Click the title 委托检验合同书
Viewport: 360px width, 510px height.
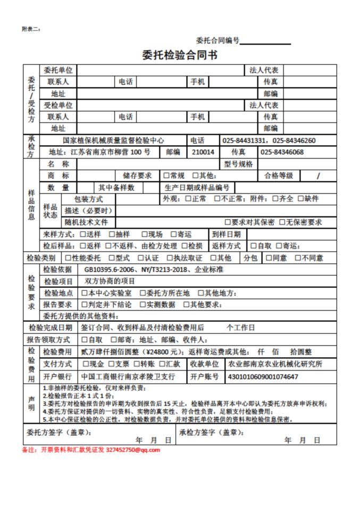tap(179, 55)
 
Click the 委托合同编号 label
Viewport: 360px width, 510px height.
tap(217, 40)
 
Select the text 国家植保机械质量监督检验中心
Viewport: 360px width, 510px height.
tap(113, 140)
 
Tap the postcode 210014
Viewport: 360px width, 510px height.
tap(203, 152)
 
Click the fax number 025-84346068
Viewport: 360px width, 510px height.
tap(282, 152)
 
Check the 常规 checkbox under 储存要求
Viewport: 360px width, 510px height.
tap(166, 175)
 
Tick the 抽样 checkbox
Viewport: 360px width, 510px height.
tap(112, 234)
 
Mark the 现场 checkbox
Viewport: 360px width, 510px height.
tap(145, 234)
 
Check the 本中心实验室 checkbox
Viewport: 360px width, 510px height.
tap(84, 293)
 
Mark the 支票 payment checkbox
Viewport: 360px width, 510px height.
tap(112, 364)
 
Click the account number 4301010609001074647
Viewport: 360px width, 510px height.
tap(263, 377)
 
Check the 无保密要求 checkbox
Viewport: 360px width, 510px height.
tap(282, 222)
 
